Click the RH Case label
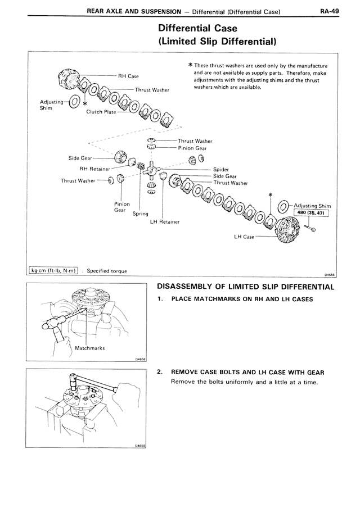[x=128, y=76]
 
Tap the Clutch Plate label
[x=101, y=112]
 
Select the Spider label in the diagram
[x=221, y=169]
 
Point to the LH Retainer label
[x=165, y=221]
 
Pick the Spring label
[x=140, y=214]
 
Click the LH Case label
[x=244, y=237]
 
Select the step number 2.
[x=160, y=372]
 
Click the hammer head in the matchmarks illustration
[x=53, y=326]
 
